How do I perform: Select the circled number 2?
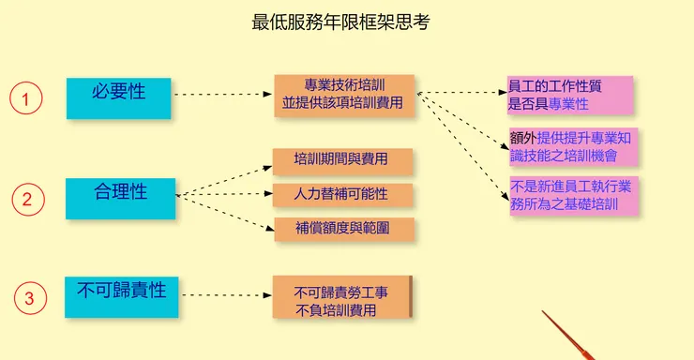coord(27,198)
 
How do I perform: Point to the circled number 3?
coord(28,298)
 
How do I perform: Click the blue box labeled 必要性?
coord(118,97)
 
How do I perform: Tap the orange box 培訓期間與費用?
coord(340,160)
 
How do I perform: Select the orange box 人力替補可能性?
coord(340,195)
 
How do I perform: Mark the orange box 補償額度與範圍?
coord(340,228)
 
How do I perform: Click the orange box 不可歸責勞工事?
coord(340,299)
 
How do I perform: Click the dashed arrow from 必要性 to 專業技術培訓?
coord(223,95)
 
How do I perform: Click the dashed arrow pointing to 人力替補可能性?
coord(225,195)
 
